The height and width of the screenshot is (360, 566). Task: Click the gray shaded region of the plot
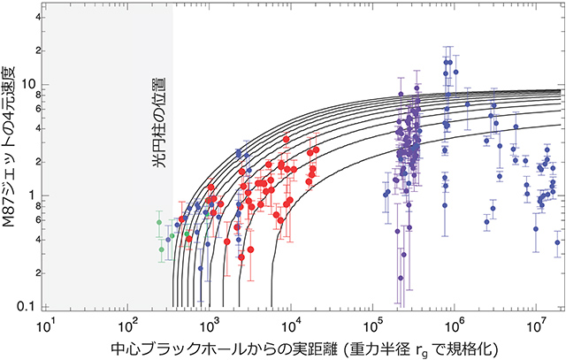106,177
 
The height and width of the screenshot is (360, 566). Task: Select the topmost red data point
287,139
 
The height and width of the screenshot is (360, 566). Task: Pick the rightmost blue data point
557,241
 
